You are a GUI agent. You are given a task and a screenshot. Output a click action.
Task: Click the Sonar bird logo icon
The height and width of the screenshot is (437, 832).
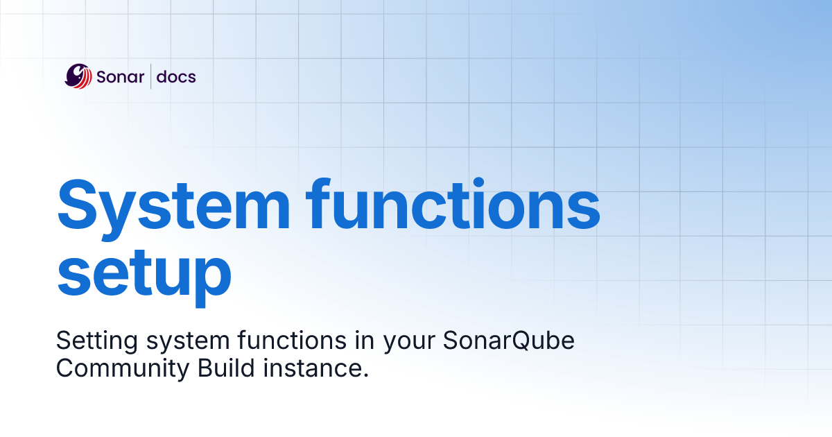(78, 76)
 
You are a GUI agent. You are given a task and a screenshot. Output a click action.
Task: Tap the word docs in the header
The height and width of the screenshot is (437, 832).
(176, 77)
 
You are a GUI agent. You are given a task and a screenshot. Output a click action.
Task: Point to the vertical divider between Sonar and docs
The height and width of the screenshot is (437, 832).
(150, 76)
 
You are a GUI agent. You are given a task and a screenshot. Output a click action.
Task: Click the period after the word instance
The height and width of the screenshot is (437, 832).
(364, 376)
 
